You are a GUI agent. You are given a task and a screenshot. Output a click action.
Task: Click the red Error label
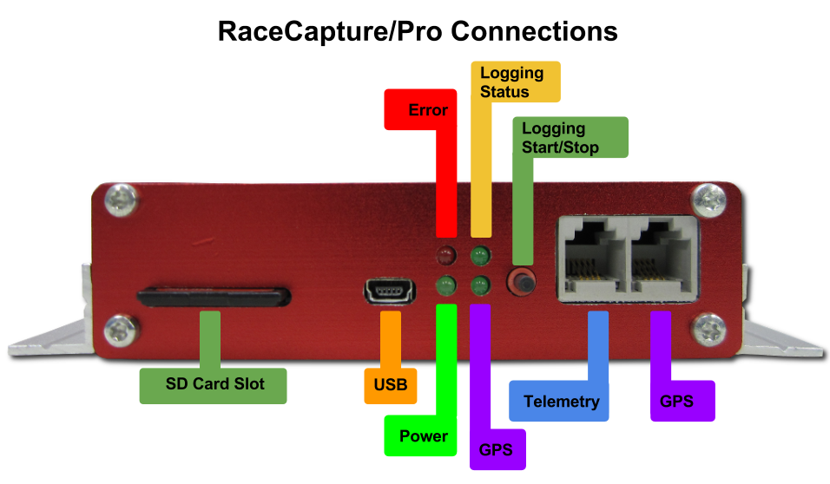pos(420,109)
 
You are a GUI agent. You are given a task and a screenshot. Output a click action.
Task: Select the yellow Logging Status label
pos(516,82)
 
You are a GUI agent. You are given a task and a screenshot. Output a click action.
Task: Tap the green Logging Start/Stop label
pos(570,138)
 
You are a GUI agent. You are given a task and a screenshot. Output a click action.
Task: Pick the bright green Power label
pos(420,436)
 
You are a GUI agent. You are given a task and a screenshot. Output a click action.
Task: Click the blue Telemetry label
pos(559,401)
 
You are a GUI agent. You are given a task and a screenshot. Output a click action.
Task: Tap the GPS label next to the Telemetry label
pos(682,401)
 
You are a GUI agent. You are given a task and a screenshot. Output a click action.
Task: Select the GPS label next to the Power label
pos(497,449)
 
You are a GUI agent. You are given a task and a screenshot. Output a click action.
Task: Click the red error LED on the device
pos(446,256)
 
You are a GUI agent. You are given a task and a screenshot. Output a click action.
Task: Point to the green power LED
pos(446,286)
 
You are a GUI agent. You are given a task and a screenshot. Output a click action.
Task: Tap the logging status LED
pos(480,256)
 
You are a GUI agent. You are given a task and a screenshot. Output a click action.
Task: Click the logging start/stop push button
pos(522,281)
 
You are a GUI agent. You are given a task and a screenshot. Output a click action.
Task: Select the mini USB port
pos(390,291)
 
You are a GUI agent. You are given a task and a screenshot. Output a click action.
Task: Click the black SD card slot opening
pos(214,297)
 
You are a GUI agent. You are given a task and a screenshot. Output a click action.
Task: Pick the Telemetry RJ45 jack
pos(595,256)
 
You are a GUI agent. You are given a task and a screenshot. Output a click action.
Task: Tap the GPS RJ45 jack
pos(662,256)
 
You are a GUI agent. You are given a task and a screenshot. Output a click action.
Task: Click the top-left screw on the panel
pos(122,200)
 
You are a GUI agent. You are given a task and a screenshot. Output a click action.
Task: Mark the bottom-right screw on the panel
pos(708,329)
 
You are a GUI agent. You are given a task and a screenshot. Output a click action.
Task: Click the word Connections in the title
pos(534,31)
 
